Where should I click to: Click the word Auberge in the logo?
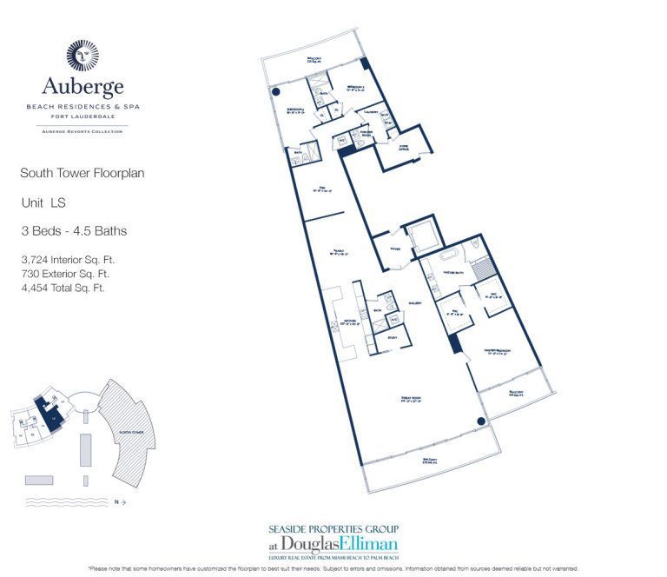coord(83,87)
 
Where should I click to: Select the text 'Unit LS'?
coord(43,202)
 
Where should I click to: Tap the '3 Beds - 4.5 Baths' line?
coord(74,231)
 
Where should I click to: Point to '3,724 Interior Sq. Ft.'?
coord(69,259)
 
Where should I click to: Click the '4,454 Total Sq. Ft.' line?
coord(63,287)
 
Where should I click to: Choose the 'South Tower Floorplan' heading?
coord(82,173)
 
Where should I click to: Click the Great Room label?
coord(411,399)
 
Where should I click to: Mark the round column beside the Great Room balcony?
coord(479,422)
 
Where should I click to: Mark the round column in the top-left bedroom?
coord(276,92)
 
